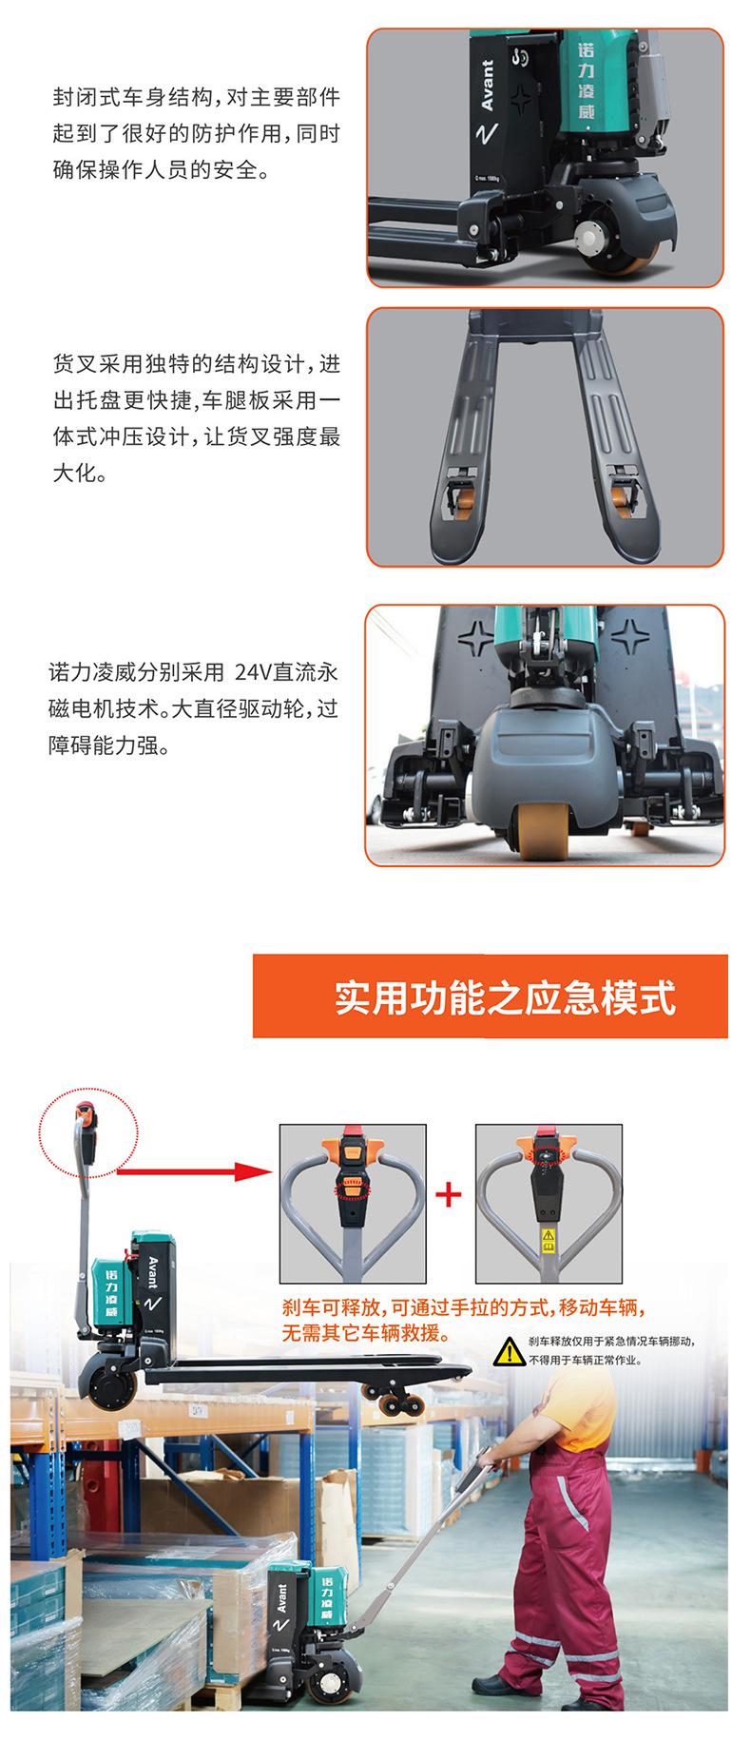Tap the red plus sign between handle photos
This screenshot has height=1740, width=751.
(x=449, y=1193)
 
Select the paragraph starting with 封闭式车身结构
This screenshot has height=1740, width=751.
(x=195, y=134)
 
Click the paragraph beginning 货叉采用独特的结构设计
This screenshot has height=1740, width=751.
(x=195, y=418)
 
